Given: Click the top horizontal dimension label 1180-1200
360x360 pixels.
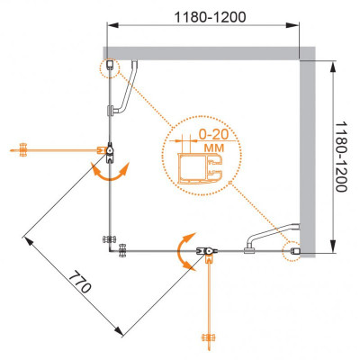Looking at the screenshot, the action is click(x=210, y=17).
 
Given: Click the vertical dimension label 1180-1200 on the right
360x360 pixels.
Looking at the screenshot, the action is click(x=341, y=157).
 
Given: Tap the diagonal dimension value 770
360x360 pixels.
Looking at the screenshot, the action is click(x=79, y=282).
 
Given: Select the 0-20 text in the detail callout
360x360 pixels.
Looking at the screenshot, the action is click(x=214, y=134).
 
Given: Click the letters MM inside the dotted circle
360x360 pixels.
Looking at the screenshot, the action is click(x=214, y=148).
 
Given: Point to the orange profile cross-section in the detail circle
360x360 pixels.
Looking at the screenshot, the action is click(x=201, y=169).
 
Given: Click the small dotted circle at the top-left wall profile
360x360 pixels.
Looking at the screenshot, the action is click(x=109, y=67).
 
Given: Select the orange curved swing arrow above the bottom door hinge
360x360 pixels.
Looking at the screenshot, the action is click(x=185, y=252).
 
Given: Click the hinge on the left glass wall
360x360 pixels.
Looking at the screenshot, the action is click(x=110, y=152).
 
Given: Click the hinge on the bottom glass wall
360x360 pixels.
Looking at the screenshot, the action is click(x=207, y=251).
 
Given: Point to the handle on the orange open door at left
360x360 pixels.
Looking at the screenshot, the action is click(x=23, y=149).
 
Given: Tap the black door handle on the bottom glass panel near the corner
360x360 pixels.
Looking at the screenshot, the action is click(x=123, y=251).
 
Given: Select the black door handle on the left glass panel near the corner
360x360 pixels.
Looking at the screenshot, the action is click(x=110, y=240).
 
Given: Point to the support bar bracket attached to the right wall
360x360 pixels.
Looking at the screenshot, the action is click(x=273, y=237).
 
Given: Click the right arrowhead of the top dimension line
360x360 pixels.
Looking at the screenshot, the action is click(x=292, y=25).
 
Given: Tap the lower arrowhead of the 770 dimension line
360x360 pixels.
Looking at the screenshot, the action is click(x=119, y=331).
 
